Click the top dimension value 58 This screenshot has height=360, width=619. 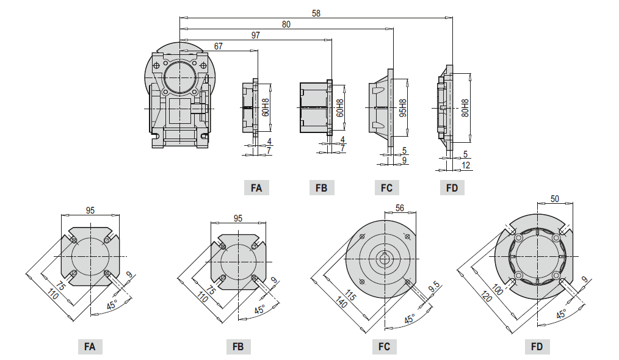[316, 13]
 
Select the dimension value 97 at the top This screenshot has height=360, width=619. [255, 35]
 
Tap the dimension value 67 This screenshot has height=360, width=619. [219, 46]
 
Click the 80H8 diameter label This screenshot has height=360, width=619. [465, 109]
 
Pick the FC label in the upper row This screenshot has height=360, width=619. [386, 188]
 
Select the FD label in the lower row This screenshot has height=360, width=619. [537, 347]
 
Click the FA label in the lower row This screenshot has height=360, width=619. [90, 347]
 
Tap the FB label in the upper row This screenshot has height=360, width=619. [321, 188]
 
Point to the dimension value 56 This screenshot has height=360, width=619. [400, 208]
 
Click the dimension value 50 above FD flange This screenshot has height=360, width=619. [554, 199]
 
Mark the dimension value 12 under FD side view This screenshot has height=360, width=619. [465, 165]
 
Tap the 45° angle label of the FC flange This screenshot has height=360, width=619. [410, 318]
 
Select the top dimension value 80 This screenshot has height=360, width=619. [286, 24]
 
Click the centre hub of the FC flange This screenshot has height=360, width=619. [385, 258]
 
